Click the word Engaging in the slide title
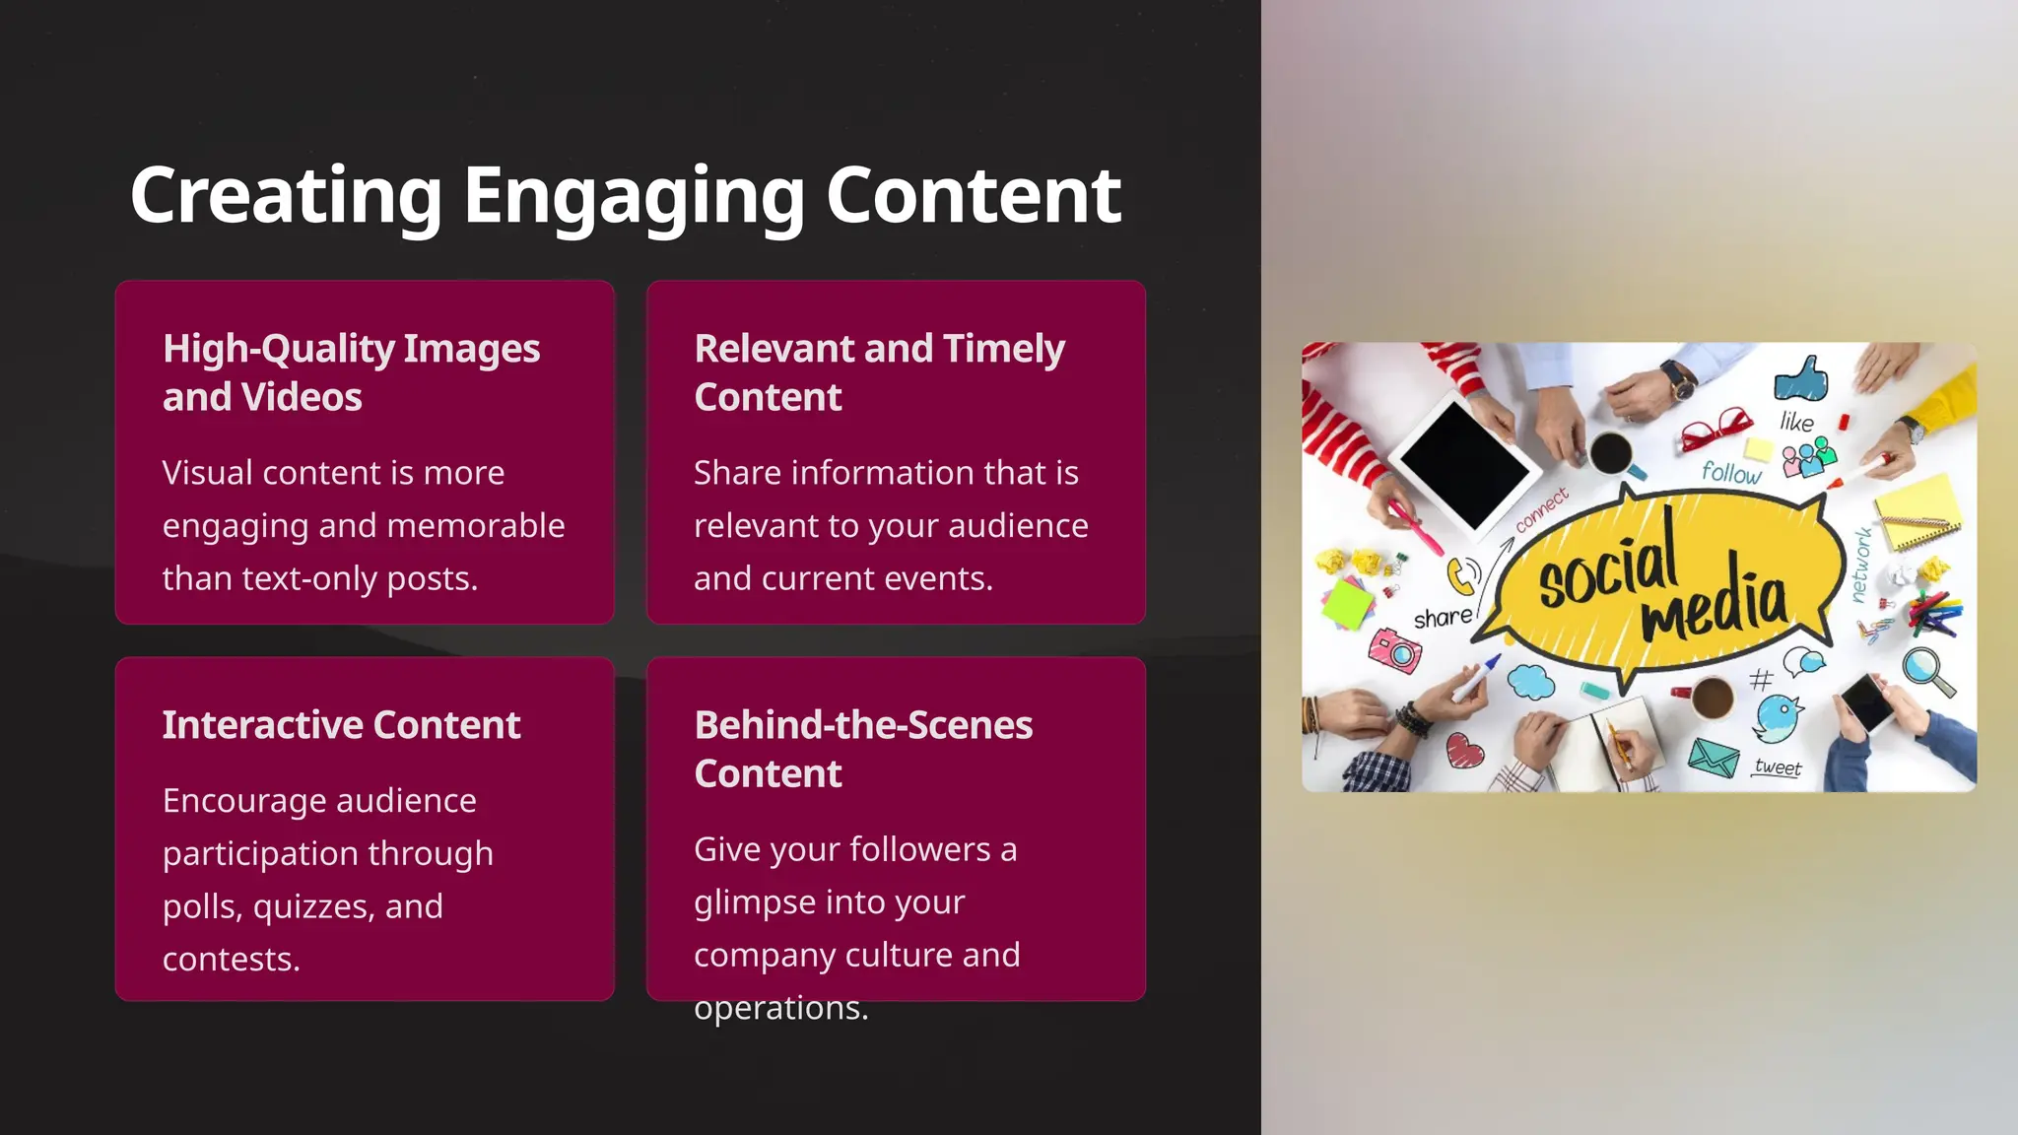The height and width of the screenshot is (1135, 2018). coord(634,197)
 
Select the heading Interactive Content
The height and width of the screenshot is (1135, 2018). coord(341,725)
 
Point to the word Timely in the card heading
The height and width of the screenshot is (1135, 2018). coord(1003,349)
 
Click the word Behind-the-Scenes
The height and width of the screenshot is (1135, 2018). coord(863,725)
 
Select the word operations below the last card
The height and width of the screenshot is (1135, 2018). coord(780,1008)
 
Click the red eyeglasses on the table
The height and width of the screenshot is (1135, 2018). coord(1715,430)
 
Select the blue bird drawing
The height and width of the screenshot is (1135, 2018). coord(1780,716)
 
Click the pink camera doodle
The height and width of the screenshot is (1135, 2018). coord(1395,650)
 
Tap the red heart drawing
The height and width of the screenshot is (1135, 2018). coord(1464,751)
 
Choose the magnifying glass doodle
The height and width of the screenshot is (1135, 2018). coord(1927,670)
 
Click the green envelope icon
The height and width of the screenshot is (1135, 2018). coord(1714,757)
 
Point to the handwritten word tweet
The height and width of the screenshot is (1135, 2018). coord(1778,767)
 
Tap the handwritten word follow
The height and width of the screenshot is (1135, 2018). coord(1731,473)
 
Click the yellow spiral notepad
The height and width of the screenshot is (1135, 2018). coord(1917,512)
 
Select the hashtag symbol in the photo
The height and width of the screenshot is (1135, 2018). coord(1761,679)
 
